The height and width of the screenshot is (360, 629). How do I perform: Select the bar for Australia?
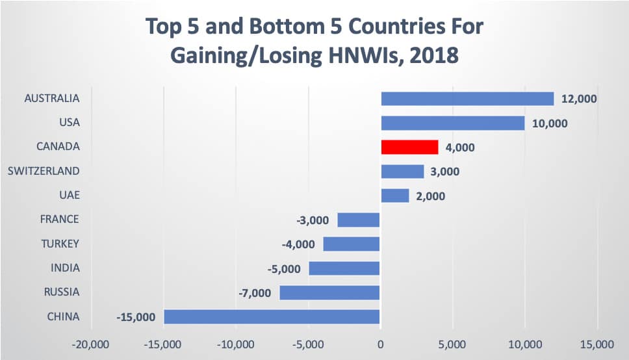click(x=467, y=99)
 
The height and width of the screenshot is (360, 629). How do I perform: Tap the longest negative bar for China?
click(x=272, y=316)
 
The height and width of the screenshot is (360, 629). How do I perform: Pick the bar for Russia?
click(x=329, y=292)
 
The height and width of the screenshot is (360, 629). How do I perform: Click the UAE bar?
click(x=395, y=196)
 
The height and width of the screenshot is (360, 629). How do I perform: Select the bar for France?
click(x=359, y=220)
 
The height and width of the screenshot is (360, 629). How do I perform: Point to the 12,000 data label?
click(x=578, y=99)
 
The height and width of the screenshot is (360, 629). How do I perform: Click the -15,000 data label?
click(x=136, y=317)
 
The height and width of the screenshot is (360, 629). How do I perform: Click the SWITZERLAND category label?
click(x=44, y=171)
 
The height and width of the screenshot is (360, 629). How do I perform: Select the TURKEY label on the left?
click(x=60, y=244)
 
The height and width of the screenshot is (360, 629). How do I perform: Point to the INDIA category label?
click(x=66, y=268)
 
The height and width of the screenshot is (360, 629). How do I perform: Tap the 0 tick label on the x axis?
click(x=380, y=343)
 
